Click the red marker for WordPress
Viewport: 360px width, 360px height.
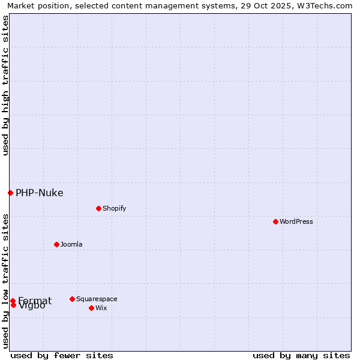click(x=275, y=221)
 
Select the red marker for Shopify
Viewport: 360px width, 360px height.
click(x=98, y=208)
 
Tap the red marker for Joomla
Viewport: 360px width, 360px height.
click(x=56, y=244)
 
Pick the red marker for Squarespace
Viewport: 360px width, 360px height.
click(x=72, y=299)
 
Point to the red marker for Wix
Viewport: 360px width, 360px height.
click(x=91, y=308)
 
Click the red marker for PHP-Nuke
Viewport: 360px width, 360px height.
click(x=10, y=193)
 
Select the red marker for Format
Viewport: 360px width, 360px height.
click(x=13, y=301)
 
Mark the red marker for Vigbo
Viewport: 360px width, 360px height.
click(x=13, y=305)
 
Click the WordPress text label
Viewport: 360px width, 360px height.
click(x=296, y=221)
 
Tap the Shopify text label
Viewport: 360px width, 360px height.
click(x=114, y=208)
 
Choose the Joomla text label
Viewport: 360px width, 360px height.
click(x=71, y=244)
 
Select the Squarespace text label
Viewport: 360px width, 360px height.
click(x=97, y=299)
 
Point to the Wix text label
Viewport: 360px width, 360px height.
click(x=101, y=308)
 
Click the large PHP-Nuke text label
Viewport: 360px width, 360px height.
click(x=39, y=193)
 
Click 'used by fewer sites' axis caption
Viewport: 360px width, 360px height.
click(x=62, y=355)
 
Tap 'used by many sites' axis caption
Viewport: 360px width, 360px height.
click(x=301, y=355)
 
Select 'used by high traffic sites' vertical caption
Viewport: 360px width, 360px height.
click(x=5, y=85)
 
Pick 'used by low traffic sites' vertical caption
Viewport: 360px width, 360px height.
click(x=5, y=281)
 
